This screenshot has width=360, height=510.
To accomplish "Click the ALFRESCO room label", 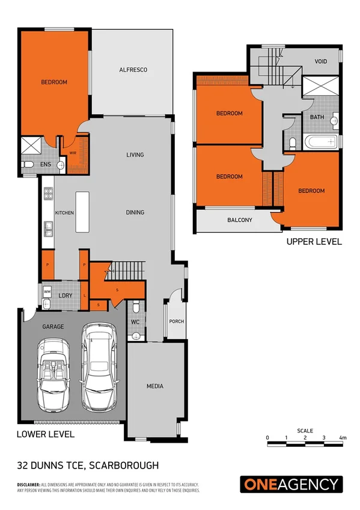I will [133, 70].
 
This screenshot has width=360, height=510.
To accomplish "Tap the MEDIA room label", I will [154, 386].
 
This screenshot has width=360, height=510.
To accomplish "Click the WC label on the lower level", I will [136, 322].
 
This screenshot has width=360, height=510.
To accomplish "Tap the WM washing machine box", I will [47, 292].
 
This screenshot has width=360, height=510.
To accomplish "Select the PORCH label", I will [176, 321].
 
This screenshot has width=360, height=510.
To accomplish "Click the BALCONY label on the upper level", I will [239, 220].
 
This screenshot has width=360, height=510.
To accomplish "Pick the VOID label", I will [321, 62].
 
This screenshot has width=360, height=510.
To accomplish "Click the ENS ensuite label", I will [45, 164].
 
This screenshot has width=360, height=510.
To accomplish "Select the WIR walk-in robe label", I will [73, 153].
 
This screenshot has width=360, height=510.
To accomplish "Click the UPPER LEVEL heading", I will [314, 242].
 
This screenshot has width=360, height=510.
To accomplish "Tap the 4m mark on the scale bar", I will [343, 437].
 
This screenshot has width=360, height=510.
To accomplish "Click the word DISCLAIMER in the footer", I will [28, 484].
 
